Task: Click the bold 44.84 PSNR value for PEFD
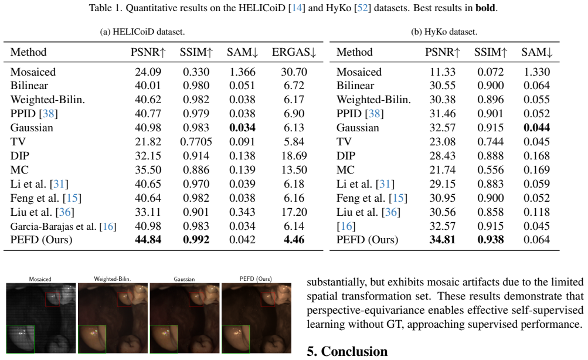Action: point(148,240)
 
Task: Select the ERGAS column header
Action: point(294,52)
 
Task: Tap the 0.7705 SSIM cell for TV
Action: point(196,142)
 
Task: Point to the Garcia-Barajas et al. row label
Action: point(63,226)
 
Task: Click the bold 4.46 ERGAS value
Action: point(294,240)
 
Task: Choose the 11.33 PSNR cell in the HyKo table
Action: point(443,72)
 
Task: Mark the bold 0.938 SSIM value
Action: point(491,240)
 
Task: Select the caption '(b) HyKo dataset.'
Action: point(444,32)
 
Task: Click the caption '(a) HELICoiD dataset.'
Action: point(142,32)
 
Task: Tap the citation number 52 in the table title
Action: point(363,8)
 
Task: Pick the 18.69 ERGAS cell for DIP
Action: point(294,155)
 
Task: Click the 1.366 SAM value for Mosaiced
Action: point(242,72)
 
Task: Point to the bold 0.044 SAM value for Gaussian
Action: point(536,128)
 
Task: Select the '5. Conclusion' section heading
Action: point(347,351)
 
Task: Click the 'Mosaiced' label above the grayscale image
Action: point(40,279)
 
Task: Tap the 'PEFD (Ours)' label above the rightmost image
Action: point(256,279)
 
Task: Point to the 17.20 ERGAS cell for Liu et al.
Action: point(294,212)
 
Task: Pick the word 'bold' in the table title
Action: point(485,8)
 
